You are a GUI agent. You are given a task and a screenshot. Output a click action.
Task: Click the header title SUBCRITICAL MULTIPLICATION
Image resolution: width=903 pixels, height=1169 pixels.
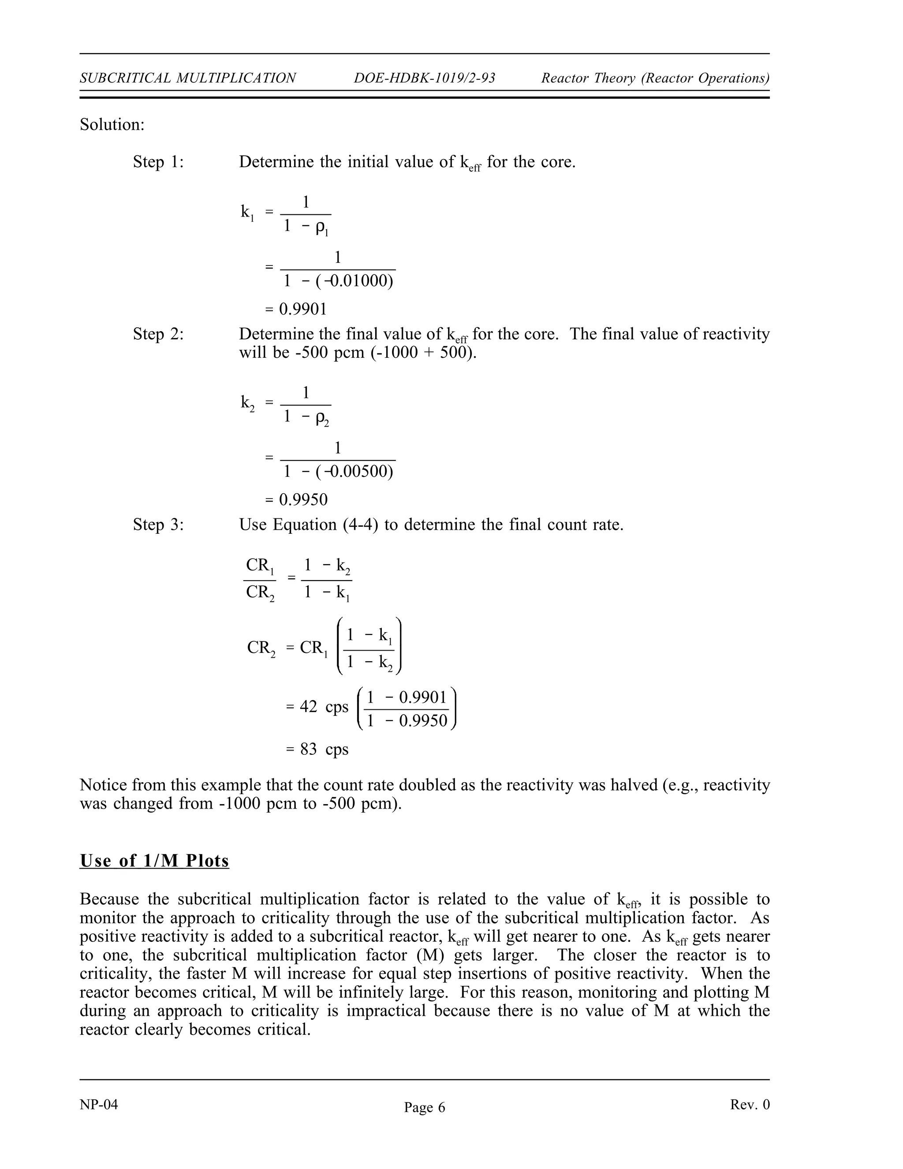point(188,78)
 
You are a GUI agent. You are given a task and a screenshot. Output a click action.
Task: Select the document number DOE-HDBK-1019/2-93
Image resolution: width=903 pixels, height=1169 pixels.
point(424,78)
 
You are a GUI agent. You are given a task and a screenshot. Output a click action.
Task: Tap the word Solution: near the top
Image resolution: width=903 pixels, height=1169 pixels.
point(112,125)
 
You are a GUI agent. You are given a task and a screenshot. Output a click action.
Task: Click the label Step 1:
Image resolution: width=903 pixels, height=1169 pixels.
point(158,161)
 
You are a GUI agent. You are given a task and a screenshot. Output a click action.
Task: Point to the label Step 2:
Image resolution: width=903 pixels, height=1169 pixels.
point(158,334)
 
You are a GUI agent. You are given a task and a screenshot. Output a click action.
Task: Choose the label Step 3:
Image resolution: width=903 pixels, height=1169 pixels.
point(158,525)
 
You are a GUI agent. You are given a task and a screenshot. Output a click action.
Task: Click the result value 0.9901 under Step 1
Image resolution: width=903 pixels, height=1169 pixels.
point(303,309)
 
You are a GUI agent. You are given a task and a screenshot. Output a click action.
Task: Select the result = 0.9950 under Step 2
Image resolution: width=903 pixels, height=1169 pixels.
point(296,500)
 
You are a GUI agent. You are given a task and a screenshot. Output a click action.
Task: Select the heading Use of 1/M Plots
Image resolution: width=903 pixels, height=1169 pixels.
point(154,861)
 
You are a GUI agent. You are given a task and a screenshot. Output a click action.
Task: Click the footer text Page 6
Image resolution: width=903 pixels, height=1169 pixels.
point(424,1107)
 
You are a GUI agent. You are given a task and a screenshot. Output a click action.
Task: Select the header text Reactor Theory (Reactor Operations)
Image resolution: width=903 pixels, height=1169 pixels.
point(655,78)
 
